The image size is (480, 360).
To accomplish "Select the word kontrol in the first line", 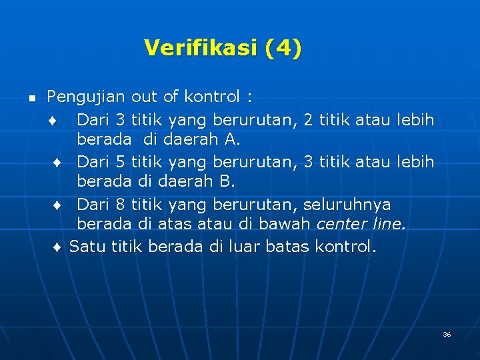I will pos(215,97).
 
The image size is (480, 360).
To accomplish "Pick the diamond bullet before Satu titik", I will pos(58,247).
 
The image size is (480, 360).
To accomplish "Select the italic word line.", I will pos(389,225).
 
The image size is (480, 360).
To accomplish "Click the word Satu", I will pos(86,247).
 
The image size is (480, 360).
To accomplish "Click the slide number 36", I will pos(447,334).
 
